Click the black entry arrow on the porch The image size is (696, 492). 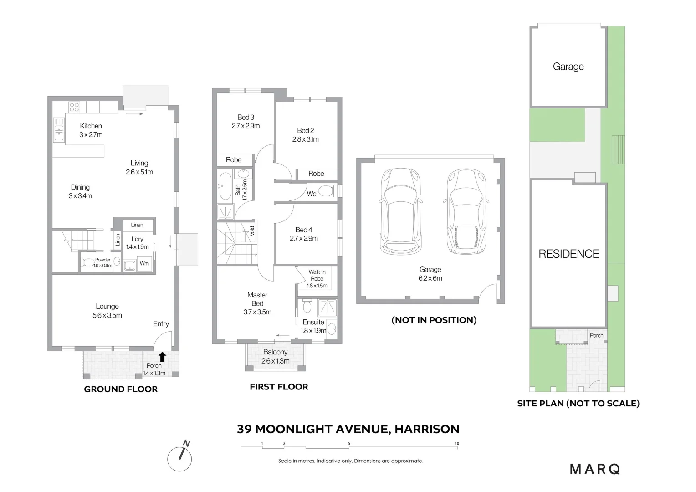click(162, 357)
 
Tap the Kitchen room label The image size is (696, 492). click(91, 126)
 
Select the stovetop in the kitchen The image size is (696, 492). click(74, 107)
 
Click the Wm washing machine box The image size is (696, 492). click(144, 264)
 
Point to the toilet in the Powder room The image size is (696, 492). click(88, 263)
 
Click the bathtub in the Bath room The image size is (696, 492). click(225, 186)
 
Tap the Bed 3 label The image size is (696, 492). click(246, 117)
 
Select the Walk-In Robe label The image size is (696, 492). click(317, 275)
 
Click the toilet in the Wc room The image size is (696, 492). click(326, 191)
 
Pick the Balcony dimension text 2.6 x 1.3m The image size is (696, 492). click(275, 361)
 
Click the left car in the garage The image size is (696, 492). click(401, 211)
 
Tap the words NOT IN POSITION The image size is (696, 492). click(434, 320)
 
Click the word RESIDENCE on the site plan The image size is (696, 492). click(568, 254)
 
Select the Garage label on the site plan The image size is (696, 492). click(568, 67)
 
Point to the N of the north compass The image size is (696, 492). click(186, 443)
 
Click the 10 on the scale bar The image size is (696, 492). click(457, 444)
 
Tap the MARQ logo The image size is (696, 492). click(595, 469)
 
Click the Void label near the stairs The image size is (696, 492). click(252, 231)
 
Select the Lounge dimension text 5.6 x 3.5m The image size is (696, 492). click(107, 315)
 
